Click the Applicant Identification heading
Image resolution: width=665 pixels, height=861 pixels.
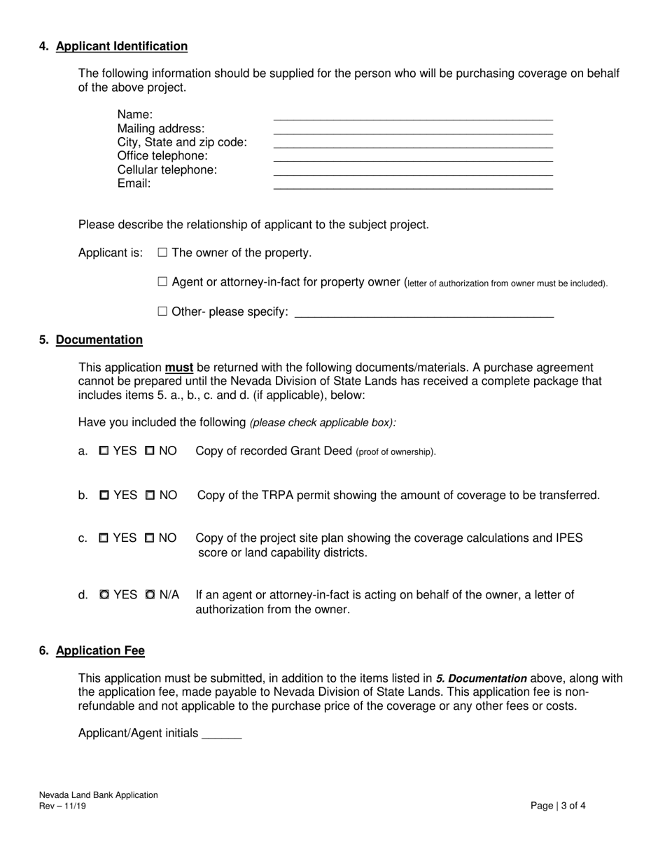point(121,46)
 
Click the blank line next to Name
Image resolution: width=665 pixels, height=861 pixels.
point(413,116)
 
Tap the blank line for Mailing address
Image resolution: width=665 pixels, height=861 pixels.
point(413,130)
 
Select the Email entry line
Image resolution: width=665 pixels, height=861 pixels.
point(413,185)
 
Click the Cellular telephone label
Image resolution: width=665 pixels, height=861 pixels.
point(167,170)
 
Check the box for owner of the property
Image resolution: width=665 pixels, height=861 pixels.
point(163,253)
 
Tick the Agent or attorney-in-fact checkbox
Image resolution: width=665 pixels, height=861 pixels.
point(163,282)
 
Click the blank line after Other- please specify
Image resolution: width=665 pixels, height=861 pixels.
point(424,314)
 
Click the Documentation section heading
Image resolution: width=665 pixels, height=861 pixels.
point(99,340)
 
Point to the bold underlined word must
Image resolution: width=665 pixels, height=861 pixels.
point(179,368)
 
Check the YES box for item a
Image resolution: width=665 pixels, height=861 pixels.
point(104,451)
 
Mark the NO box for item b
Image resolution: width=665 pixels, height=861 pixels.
point(150,496)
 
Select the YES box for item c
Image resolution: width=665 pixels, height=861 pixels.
point(104,538)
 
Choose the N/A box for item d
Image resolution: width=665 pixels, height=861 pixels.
point(150,595)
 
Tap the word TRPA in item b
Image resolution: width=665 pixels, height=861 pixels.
point(277,496)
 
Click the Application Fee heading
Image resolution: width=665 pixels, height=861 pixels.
point(100,651)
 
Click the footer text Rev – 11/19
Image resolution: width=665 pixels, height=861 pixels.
point(63,806)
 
